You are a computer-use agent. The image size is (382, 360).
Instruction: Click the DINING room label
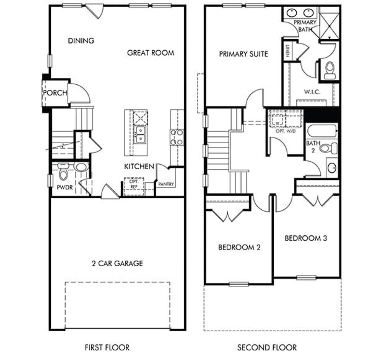[x=81, y=41]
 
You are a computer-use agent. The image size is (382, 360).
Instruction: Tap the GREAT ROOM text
[x=150, y=53]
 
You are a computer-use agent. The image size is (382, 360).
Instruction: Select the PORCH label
[x=55, y=93]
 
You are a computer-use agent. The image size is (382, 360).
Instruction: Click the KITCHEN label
[x=139, y=166]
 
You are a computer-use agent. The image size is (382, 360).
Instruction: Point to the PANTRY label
[x=166, y=184]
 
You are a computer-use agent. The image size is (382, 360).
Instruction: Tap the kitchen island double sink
[x=140, y=135]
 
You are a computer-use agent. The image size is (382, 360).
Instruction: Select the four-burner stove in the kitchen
[x=177, y=137]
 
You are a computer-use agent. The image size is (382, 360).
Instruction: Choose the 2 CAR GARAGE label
[x=117, y=263]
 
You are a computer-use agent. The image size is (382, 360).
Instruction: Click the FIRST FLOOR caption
[x=107, y=347]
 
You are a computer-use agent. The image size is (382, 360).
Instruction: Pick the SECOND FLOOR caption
[x=267, y=347]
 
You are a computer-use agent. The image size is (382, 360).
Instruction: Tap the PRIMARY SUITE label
[x=244, y=54]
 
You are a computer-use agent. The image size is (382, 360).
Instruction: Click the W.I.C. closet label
[x=312, y=92]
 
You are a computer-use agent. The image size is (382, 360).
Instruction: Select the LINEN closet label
[x=287, y=51]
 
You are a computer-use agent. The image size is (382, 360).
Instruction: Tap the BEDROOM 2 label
[x=239, y=247]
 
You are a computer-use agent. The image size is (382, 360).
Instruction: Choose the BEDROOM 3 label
[x=306, y=238]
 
